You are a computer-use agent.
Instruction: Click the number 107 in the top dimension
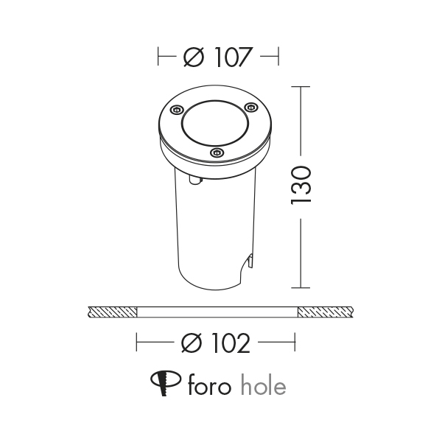pyautogui.click(x=231, y=57)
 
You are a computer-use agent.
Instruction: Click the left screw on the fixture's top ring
pyautogui.click(x=175, y=110)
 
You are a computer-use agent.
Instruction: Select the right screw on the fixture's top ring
pyautogui.click(x=249, y=109)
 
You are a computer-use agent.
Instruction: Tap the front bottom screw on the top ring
pyautogui.click(x=216, y=152)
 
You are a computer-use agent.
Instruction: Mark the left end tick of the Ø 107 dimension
pyautogui.click(x=159, y=57)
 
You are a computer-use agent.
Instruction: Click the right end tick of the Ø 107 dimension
pyautogui.click(x=278, y=57)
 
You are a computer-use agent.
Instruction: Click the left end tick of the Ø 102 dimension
pyautogui.click(x=138, y=343)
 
